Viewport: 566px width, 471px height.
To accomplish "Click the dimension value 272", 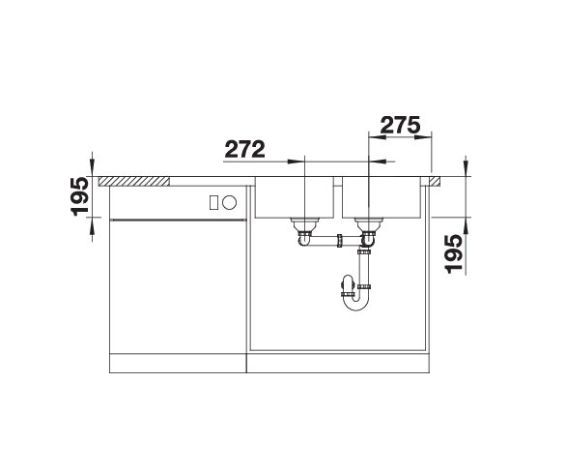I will tap(245, 150).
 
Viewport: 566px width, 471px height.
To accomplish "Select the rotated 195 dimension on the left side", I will tap(80, 197).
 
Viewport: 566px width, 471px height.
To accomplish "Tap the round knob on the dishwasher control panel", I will tap(230, 202).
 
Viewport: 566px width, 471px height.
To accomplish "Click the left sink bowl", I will tap(295, 199).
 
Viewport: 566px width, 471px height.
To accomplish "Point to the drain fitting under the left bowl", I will tap(305, 233).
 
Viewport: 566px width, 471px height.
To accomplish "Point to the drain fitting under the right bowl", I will tap(367, 233).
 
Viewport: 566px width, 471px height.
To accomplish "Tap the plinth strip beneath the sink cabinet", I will tap(338, 367).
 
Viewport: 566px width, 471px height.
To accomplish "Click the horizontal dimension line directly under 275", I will tap(401, 137).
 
